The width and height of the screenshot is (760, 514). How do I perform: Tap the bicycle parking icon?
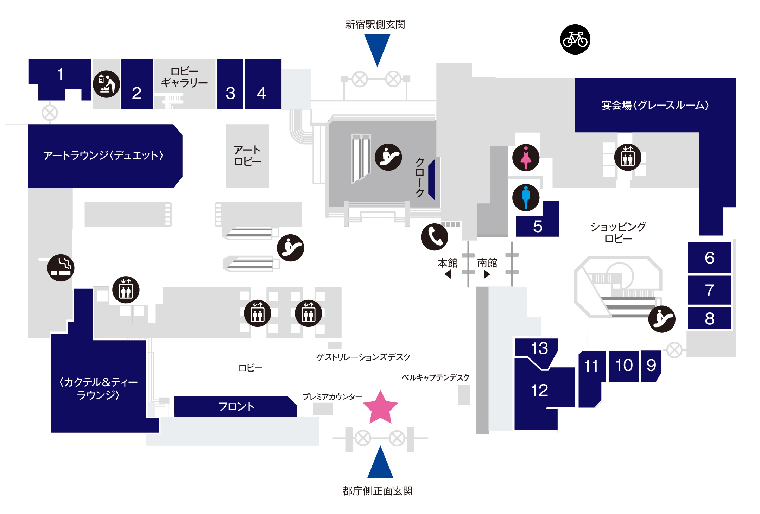point(575,39)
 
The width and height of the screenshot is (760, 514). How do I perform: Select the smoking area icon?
point(61,268)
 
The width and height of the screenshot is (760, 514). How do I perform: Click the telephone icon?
point(435,237)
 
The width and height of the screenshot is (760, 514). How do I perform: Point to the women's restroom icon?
point(526,158)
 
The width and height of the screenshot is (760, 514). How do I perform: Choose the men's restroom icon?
point(526,197)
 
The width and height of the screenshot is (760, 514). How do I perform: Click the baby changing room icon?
point(106,84)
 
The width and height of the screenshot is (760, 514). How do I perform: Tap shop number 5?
point(537,226)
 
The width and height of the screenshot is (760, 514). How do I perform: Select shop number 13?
point(539,348)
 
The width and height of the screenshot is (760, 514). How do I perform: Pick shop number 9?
point(651,365)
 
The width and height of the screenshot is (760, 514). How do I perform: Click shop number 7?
point(709,290)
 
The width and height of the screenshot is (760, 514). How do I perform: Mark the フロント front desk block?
point(236,407)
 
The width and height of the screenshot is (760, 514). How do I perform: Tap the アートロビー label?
point(247,156)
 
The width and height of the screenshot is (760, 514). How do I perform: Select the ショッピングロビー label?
point(618,233)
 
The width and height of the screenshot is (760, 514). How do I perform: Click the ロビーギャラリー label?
point(184,77)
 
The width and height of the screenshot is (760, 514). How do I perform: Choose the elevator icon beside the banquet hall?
point(628,157)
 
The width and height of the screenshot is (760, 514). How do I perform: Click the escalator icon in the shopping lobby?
point(661,319)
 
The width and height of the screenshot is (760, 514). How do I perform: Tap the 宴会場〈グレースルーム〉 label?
point(655,105)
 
